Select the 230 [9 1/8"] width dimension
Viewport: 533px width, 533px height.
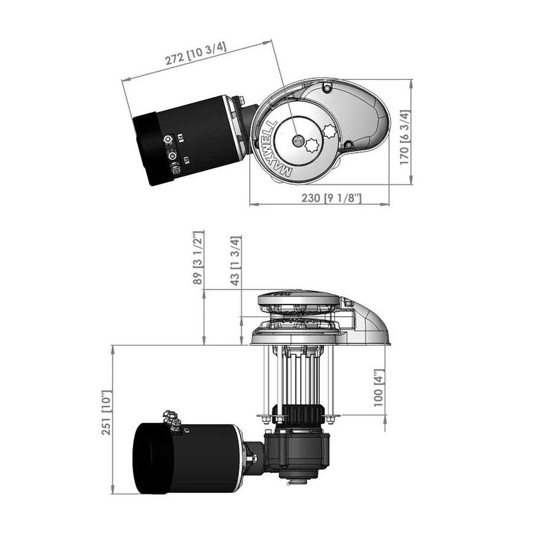[322, 197]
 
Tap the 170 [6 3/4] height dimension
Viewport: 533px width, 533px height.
[404, 137]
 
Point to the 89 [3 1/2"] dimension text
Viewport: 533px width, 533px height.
[198, 258]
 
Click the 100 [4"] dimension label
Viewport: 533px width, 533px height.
[379, 388]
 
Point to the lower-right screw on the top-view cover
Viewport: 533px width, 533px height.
[349, 144]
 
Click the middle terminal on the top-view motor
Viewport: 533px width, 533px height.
[173, 155]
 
